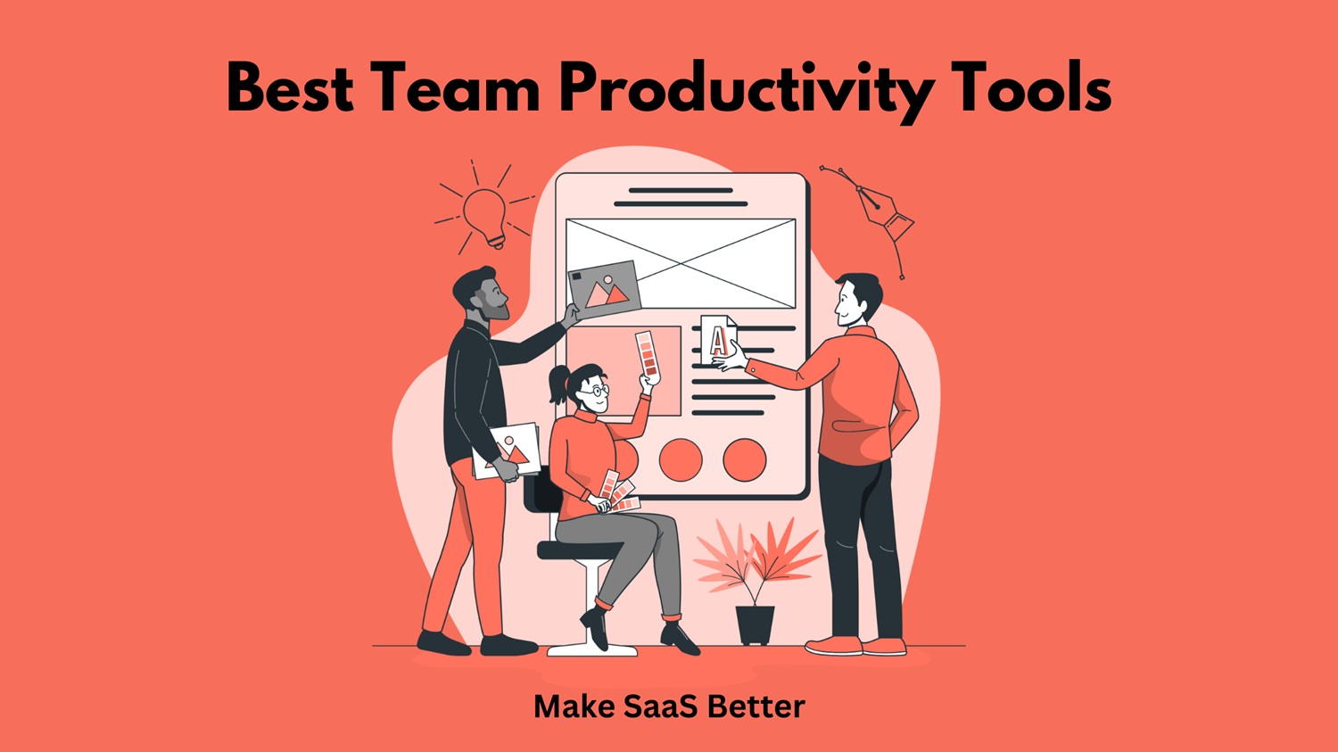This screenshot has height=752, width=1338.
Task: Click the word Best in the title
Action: point(290,89)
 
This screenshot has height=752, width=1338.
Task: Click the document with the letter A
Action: point(718,340)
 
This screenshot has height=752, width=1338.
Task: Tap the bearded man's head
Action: point(482,294)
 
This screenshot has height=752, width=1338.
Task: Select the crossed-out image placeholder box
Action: point(681,263)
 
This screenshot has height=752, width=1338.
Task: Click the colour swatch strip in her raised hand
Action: point(648,354)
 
